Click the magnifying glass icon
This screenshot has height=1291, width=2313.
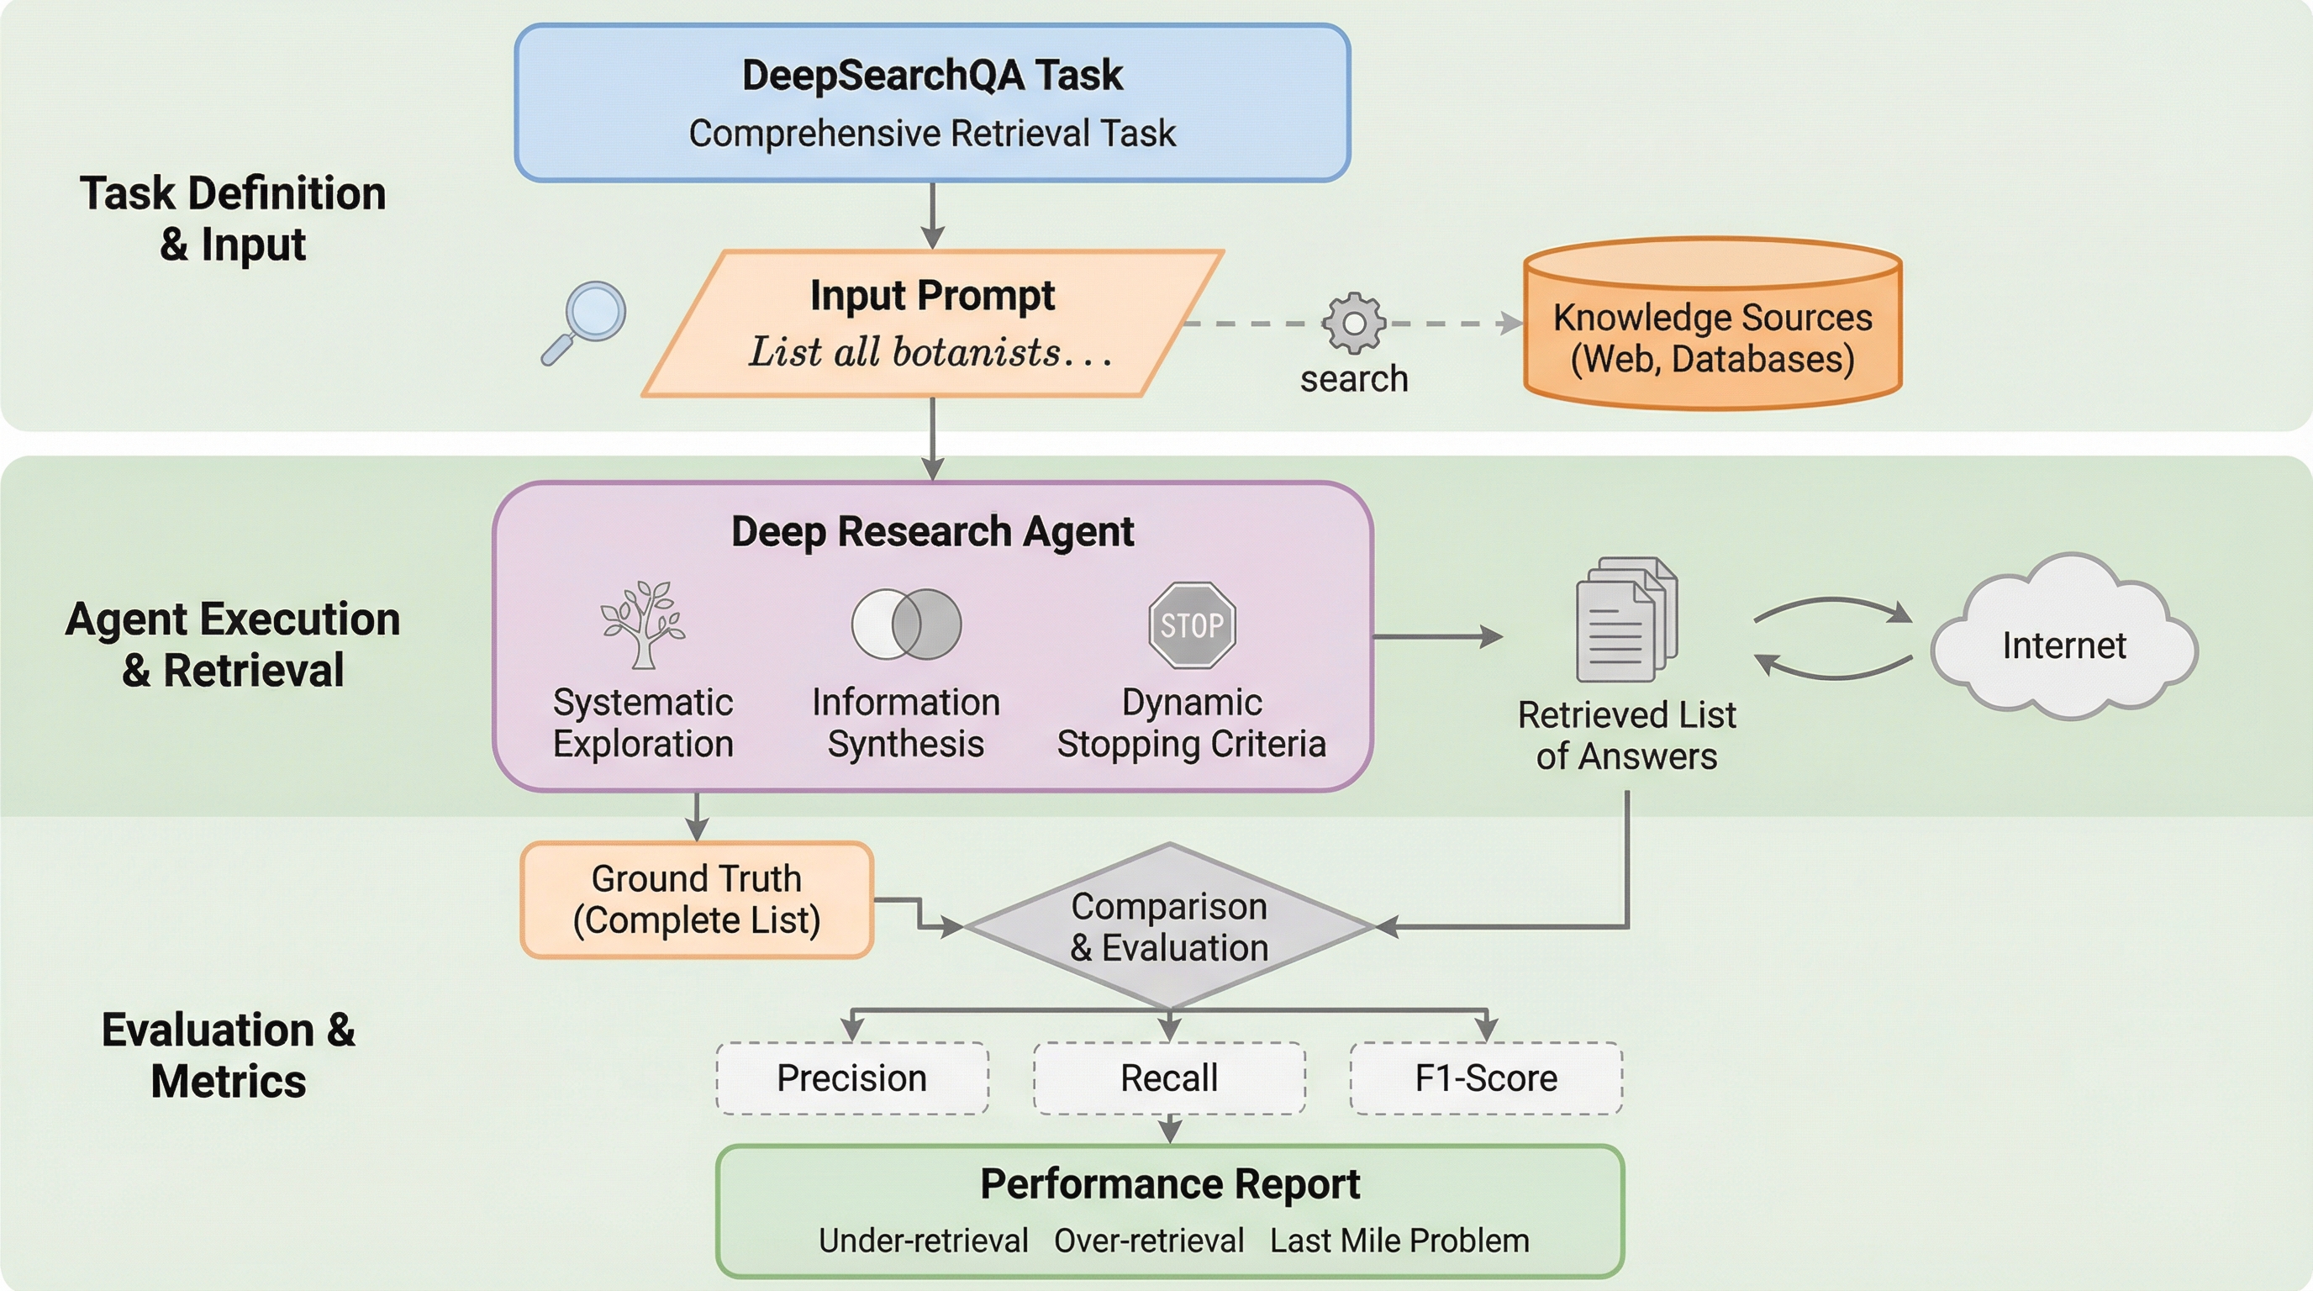[586, 321]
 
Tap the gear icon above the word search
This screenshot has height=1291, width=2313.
[1353, 324]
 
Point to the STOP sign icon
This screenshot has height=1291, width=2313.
[1193, 624]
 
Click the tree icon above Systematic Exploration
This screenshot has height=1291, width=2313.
[643, 624]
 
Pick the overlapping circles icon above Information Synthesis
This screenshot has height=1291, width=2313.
[906, 624]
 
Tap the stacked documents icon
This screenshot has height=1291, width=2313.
[1626, 619]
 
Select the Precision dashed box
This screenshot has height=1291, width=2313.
[852, 1078]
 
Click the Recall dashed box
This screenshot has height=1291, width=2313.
[1169, 1078]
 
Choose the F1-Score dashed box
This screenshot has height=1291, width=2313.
[1486, 1078]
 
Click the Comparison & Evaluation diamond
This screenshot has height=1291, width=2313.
[1169, 926]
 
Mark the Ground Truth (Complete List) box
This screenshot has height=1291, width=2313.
[697, 899]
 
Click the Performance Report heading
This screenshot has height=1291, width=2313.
[1170, 1184]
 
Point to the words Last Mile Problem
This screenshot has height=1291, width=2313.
[1399, 1241]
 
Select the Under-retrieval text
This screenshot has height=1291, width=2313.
[923, 1241]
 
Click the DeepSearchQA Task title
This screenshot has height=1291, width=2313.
[932, 76]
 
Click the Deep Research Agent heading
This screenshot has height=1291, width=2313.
[932, 531]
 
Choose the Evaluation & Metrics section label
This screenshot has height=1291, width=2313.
[228, 1055]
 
